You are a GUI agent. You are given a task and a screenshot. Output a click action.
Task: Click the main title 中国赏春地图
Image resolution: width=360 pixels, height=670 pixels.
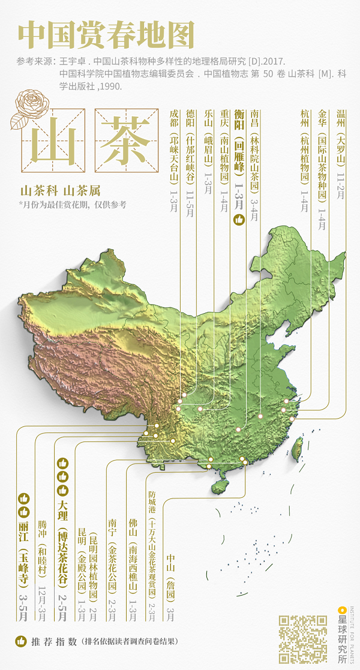pyautogui.click(x=106, y=35)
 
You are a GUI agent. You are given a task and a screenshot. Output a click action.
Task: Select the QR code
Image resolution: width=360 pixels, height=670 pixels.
pyautogui.click(x=303, y=638)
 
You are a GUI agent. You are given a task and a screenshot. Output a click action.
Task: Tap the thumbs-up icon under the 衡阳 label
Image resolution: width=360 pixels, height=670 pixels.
pyautogui.click(x=239, y=221)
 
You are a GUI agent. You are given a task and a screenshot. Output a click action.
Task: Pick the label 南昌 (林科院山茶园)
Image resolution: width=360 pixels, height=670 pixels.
pyautogui.click(x=255, y=156)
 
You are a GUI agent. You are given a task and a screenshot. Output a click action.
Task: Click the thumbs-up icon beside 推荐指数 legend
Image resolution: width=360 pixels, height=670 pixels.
pyautogui.click(x=21, y=641)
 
